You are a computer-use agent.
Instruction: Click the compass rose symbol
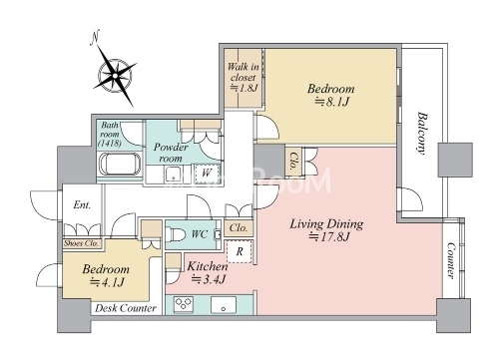pos(115,76)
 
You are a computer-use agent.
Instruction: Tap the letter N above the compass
pos(96,38)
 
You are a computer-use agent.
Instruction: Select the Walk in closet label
pos(244,77)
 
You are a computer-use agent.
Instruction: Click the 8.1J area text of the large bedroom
pos(331,102)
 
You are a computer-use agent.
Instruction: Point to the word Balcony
pos(422,134)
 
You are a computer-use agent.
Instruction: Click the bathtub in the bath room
pos(120,165)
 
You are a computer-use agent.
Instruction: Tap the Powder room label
pos(171,153)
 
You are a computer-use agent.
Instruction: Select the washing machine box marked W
pos(207,174)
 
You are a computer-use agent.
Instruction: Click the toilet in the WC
pos(176,234)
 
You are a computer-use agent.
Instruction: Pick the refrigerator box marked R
pos(240,251)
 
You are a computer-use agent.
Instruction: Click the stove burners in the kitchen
pos(184,304)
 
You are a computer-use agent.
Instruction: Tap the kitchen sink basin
pos(224,304)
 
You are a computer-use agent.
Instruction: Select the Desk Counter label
pos(126,308)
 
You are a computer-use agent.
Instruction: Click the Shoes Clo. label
pos(82,243)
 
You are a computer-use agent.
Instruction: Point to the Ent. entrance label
pos(82,204)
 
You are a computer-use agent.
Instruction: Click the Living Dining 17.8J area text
pos(326,230)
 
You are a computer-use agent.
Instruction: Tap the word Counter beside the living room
pos(451,260)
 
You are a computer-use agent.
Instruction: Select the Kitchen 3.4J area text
pos(208,273)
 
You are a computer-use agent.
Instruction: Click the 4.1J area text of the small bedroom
pos(108,282)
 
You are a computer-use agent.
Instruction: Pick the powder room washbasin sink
pos(174,174)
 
